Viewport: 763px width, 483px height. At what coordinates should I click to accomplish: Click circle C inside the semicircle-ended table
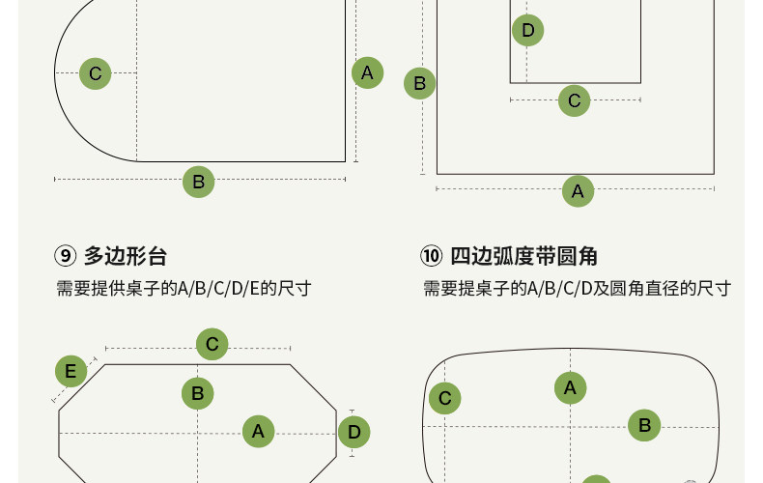point(95,73)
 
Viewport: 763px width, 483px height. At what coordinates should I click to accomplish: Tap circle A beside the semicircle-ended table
point(367,72)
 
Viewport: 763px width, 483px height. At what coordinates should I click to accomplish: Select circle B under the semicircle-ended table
point(198,182)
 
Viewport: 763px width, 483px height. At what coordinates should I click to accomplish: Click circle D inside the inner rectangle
point(527,31)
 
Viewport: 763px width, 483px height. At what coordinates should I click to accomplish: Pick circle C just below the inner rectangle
point(574,99)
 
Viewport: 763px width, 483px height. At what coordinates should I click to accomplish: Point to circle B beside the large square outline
point(419,83)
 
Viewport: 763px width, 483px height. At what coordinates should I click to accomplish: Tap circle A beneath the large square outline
point(578,191)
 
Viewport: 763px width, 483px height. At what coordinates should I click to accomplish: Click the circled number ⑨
point(65,256)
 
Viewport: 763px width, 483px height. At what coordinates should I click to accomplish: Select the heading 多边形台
point(126,256)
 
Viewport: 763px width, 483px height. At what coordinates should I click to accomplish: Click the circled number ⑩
point(431,256)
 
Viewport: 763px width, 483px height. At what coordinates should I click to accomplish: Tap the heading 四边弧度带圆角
point(524,256)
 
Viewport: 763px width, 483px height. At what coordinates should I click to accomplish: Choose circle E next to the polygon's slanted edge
point(71,372)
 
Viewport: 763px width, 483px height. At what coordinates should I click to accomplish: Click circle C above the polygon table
point(212,344)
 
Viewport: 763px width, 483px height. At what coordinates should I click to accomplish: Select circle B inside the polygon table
point(198,393)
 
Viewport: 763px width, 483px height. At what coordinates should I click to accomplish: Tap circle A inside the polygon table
point(258,431)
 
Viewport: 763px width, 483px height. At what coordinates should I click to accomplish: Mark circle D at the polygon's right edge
point(354,431)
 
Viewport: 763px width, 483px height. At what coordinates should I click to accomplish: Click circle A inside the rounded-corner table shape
point(570,388)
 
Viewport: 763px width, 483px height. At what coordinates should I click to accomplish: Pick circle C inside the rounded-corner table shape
point(444,398)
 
